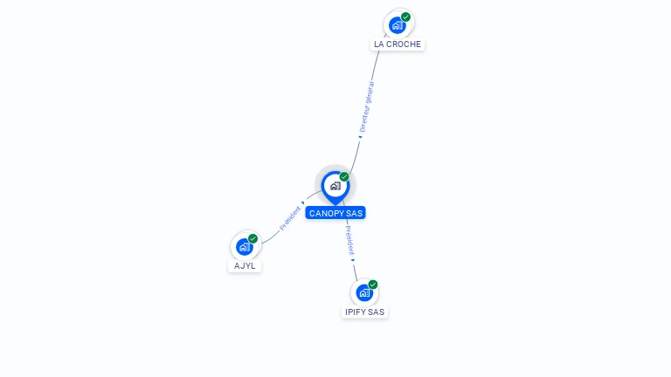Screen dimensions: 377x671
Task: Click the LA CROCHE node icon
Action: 398,24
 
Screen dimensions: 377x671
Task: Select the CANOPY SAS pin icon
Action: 335,185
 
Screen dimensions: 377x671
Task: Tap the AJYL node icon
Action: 245,246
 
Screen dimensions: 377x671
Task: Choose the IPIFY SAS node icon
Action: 364,292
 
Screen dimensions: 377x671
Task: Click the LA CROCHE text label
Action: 398,44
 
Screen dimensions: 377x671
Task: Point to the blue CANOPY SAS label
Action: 335,213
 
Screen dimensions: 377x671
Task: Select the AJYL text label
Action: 245,265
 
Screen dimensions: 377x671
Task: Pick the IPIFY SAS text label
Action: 364,312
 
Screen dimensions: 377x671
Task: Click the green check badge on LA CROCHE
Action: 406,17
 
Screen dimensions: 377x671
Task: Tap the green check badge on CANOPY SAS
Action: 344,176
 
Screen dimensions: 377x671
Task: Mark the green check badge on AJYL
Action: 253,238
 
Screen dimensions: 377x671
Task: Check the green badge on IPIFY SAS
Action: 373,284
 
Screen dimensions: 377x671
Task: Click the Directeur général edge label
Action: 367,106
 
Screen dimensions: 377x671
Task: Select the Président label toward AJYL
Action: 290,217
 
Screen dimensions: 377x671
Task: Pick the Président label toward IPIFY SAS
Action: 349,239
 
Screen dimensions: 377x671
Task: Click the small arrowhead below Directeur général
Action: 360,136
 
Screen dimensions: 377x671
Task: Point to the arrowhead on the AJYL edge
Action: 303,203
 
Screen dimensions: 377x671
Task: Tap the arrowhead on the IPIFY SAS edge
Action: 353,259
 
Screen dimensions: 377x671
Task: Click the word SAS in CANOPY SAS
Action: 354,213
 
